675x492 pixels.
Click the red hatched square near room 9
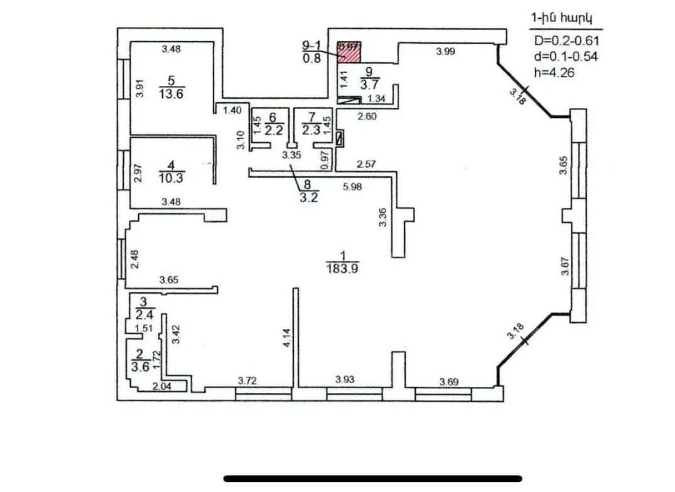point(350,51)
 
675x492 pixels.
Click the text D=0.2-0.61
point(567,41)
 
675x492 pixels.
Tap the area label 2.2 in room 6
point(273,131)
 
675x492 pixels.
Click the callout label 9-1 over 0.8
point(311,46)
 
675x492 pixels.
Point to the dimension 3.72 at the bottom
point(249,380)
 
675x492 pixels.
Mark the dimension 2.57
point(367,164)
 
